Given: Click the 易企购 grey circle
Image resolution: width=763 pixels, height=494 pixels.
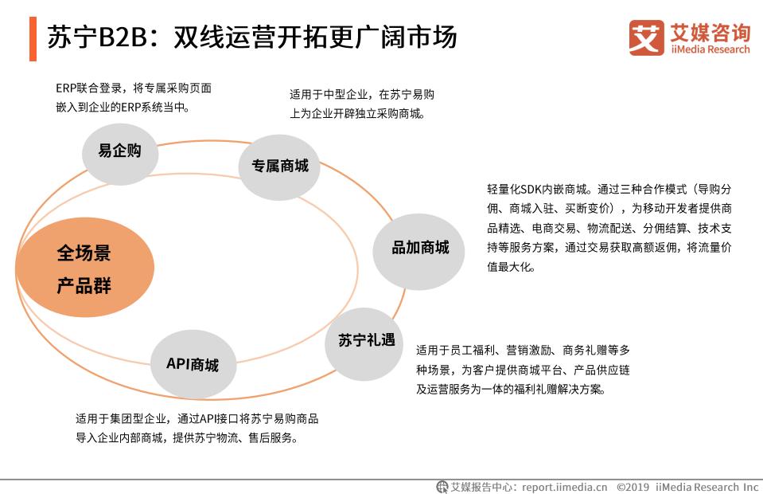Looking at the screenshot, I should pos(119,151).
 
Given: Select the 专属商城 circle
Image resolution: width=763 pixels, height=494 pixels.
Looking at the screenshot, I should pos(280,167).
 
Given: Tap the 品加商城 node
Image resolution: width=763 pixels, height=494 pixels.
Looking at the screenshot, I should pos(420,248).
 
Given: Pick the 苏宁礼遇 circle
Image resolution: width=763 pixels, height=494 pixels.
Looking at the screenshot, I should pos(366,341).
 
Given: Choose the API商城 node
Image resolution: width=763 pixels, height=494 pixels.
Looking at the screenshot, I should pos(193,365).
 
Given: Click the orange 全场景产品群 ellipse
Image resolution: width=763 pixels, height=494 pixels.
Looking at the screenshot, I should pos(84,270).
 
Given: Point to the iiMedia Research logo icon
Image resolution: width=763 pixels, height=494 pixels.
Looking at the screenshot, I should pos(646,37).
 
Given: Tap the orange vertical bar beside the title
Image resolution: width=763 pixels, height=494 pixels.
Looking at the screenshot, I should pos(33,37).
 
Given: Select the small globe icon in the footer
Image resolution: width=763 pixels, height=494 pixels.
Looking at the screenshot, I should pos(442,486).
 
